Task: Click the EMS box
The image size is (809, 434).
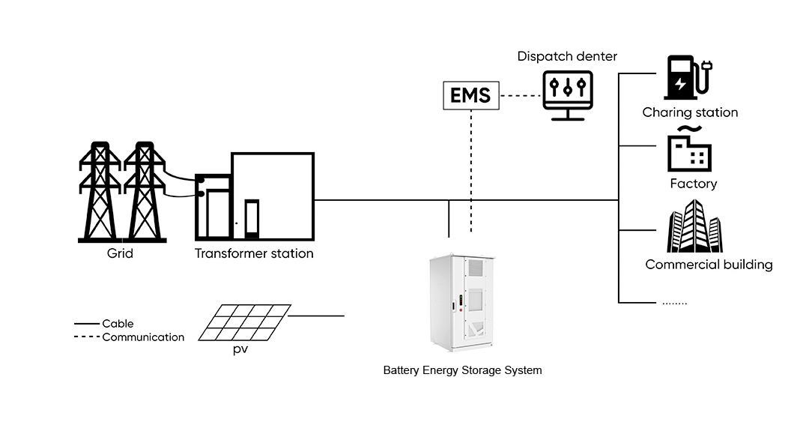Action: pos(471,95)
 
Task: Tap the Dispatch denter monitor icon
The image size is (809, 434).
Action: pos(568,95)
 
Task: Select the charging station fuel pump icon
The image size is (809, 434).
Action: pos(688,77)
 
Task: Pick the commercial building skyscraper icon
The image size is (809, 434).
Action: pos(694,226)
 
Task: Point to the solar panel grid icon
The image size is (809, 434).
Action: pos(244,322)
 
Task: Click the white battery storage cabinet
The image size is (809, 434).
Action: pos(461,302)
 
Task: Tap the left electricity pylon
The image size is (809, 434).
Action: pos(100,191)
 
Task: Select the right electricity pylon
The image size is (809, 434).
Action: pos(145,191)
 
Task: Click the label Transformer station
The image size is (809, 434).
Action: pos(254,253)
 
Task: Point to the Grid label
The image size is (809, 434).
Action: pos(120,253)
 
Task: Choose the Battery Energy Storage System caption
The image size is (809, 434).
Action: pos(462,370)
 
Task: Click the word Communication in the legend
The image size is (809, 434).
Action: pos(143,337)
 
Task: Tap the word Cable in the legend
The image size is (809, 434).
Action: pos(118,324)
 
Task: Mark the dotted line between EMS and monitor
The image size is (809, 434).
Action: pos(521,95)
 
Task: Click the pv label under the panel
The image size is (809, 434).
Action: pos(240,349)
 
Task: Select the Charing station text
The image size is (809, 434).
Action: pos(690,112)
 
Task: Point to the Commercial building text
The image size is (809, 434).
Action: pos(709,265)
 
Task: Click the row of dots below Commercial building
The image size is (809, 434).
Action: pos(674,304)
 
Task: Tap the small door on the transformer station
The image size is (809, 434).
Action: pos(252,219)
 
